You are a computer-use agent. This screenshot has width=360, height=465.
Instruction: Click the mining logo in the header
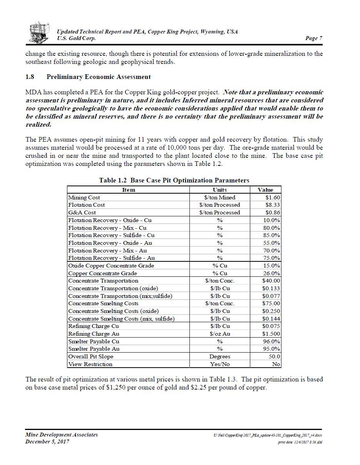coord(40,32)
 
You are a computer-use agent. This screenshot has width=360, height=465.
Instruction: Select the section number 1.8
coord(30,77)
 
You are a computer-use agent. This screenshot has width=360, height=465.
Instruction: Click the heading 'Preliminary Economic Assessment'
coord(99,77)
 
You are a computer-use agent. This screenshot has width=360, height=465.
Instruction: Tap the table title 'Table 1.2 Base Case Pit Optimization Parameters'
coord(174,180)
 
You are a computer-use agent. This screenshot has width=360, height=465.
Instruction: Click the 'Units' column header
coord(220,190)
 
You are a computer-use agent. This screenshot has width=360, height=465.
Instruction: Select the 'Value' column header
coord(265,190)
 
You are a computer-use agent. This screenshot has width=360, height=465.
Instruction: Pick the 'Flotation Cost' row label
coord(86,205)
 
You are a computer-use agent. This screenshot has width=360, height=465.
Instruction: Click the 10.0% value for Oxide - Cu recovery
coord(271,220)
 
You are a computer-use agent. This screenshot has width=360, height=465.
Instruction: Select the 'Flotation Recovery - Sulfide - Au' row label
coord(111,258)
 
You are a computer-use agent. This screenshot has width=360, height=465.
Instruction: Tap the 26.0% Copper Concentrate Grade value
coord(271,273)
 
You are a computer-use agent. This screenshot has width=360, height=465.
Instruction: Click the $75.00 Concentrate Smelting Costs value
coord(271,303)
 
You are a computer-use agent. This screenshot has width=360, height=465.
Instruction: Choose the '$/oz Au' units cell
coord(220,334)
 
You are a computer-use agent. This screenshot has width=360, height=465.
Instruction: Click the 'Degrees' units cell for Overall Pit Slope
coord(220,356)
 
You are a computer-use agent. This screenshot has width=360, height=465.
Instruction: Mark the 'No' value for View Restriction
coord(276,364)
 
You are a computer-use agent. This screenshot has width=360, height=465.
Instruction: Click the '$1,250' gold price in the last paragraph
coord(114,387)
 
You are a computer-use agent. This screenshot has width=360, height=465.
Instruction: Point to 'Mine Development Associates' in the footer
coord(62,435)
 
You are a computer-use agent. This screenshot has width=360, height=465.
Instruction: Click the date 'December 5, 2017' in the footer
coord(47,442)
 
